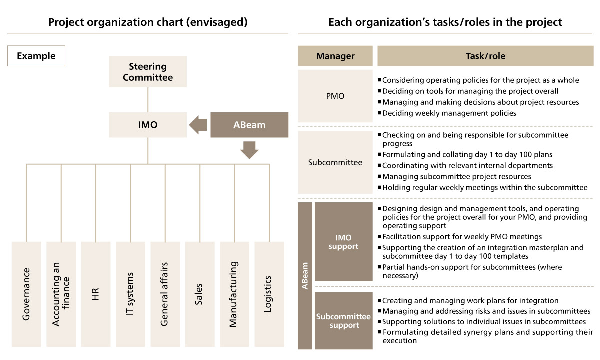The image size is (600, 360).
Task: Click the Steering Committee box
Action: click(x=148, y=72)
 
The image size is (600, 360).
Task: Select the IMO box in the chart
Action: click(x=148, y=125)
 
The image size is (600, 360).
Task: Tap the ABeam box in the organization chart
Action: click(x=249, y=125)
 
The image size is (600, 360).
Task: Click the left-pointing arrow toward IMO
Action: click(x=198, y=125)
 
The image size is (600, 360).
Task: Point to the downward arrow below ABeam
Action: click(x=249, y=149)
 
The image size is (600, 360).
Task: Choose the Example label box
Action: click(x=36, y=56)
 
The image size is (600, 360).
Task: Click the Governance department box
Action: click(x=26, y=294)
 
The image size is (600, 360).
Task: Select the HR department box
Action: click(x=96, y=294)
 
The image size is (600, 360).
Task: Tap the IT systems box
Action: click(x=130, y=294)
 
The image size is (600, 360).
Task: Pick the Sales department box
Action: click(x=200, y=294)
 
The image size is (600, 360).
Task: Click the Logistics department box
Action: click(x=269, y=294)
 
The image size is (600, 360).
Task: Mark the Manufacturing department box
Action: click(x=234, y=294)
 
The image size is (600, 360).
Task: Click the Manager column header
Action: click(x=335, y=56)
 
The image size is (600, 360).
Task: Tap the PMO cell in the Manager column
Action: click(x=335, y=96)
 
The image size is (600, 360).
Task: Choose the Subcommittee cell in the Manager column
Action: click(x=335, y=162)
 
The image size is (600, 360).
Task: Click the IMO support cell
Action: click(x=343, y=242)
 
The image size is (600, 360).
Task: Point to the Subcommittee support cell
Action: click(x=343, y=320)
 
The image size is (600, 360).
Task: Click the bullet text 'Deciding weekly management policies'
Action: click(x=449, y=113)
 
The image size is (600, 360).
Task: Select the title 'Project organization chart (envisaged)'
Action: click(x=148, y=22)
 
